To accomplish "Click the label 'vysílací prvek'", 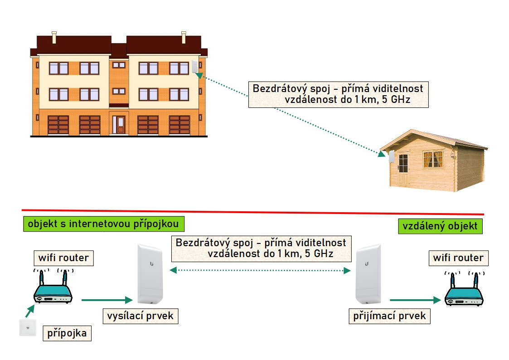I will [140, 316].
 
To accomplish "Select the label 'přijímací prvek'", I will [390, 315].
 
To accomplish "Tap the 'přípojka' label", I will [67, 334].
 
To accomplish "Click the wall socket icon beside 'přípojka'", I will [28, 328].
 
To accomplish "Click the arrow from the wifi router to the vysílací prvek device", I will [106, 300].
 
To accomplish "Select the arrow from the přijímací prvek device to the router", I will [415, 300].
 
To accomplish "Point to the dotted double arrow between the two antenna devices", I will [260, 271].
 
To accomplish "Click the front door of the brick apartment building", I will [120, 124].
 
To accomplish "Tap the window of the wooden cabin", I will [433, 160].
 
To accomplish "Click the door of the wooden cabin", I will [403, 168].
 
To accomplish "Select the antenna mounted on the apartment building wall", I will [195, 67].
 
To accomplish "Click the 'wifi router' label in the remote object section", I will [458, 258].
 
